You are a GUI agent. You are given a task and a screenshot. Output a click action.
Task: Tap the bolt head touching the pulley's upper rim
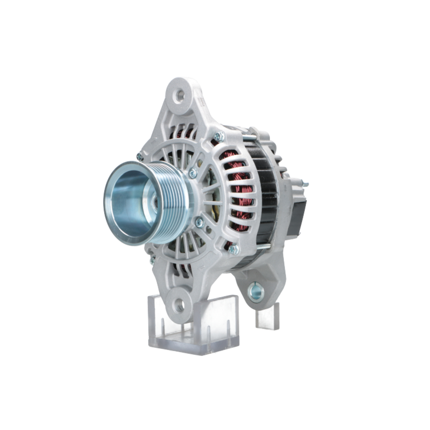coord(193,173)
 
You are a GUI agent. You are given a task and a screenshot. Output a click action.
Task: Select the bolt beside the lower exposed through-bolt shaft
coord(233,249)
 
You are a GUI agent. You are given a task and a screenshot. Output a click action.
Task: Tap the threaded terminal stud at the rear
coord(304,184)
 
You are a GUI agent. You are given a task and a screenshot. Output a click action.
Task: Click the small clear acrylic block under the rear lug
coord(267,317)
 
